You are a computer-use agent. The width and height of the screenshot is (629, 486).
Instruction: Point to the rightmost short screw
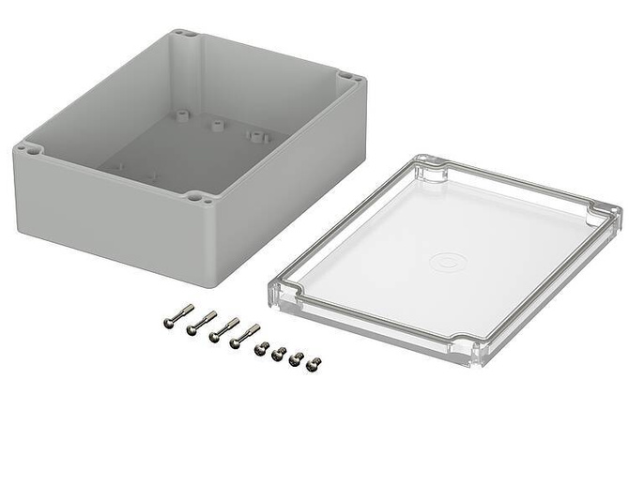coord(314,360)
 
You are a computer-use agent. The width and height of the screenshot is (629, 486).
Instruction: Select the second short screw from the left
coord(278,353)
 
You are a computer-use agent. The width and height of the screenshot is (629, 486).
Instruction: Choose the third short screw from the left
coord(296,357)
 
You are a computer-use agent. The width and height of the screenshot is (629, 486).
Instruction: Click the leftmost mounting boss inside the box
coord(178,117)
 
